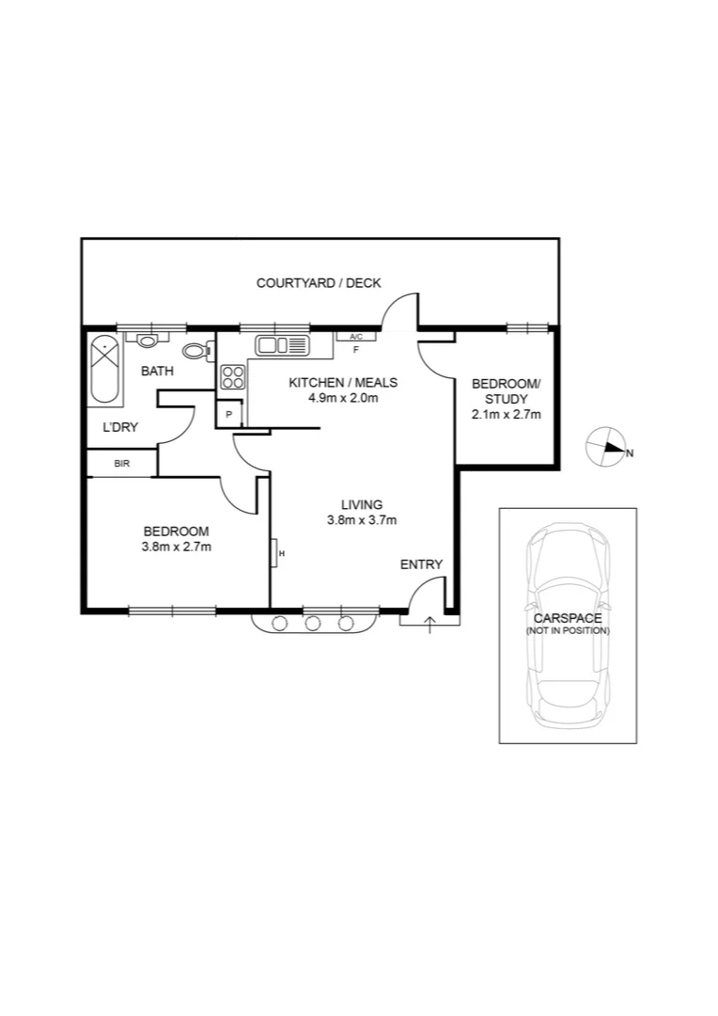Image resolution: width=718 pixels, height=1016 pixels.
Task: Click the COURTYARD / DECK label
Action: [319, 283]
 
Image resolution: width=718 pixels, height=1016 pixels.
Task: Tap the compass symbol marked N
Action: [606, 450]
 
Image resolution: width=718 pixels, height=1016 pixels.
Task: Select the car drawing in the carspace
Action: [568, 625]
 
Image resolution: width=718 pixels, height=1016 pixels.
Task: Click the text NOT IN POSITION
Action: [568, 630]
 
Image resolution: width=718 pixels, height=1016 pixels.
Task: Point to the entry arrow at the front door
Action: [430, 624]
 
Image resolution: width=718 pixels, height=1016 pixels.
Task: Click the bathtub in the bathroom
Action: [103, 369]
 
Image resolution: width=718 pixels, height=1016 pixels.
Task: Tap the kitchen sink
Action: [282, 345]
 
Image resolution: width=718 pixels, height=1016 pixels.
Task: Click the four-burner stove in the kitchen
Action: [232, 378]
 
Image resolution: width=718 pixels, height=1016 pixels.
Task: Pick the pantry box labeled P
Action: [228, 414]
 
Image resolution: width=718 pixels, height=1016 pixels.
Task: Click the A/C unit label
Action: [356, 336]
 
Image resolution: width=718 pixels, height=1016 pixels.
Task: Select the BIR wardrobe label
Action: [121, 464]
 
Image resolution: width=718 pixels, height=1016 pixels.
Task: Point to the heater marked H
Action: [279, 553]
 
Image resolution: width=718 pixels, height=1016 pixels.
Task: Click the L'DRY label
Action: [120, 427]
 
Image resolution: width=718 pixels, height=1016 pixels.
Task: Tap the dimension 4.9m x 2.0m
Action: [343, 398]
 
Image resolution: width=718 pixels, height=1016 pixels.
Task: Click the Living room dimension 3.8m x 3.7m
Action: [361, 519]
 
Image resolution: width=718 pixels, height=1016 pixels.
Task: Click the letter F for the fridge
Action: [356, 350]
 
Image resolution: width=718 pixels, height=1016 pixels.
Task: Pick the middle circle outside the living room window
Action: [313, 622]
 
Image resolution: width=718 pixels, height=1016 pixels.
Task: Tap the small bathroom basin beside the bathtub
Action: [148, 341]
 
